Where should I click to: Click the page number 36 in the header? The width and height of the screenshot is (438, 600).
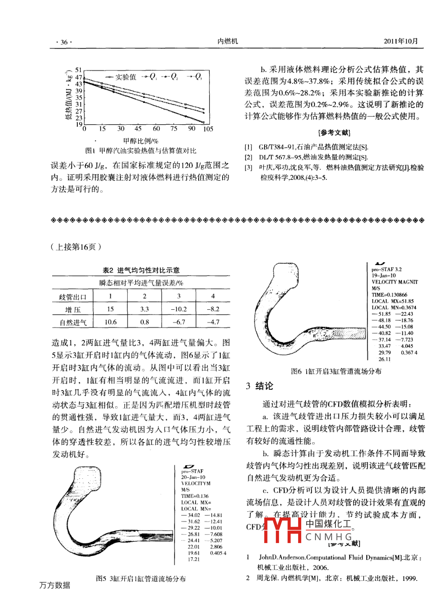64,42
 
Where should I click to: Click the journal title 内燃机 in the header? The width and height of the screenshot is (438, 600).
228,41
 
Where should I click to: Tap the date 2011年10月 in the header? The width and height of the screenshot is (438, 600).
400,41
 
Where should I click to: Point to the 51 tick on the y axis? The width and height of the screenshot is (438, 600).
79,70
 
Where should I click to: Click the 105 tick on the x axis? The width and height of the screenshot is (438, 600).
208,129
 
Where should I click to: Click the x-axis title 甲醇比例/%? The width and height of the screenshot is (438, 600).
141,141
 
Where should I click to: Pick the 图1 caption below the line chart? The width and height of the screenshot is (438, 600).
141,151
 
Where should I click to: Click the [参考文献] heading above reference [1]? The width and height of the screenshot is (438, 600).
334,133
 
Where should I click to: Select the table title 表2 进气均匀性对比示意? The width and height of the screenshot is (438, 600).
141,270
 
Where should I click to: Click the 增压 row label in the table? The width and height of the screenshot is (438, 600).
73,310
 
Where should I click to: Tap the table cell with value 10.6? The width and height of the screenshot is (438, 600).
110,322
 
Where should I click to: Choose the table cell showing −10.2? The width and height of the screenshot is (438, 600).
179,309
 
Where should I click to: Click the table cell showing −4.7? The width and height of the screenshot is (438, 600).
213,322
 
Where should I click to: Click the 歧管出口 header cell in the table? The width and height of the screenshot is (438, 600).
73,297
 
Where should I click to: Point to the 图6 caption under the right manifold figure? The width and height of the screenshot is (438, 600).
336,371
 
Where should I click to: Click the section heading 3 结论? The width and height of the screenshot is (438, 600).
259,386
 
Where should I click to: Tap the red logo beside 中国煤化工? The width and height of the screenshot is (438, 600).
282,530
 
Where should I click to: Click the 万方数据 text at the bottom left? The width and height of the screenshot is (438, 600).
55,585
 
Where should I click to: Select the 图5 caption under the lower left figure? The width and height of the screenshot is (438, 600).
141,579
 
